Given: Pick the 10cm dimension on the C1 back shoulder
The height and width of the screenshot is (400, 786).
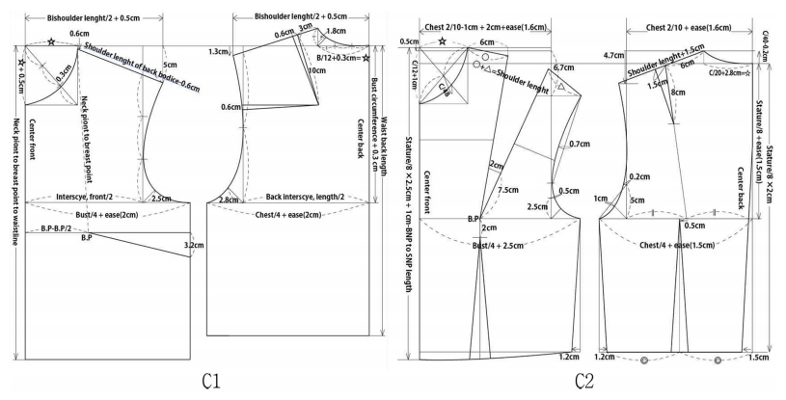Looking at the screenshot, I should tap(314, 70).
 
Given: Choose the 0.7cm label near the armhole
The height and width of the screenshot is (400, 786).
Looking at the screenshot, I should tap(580, 144).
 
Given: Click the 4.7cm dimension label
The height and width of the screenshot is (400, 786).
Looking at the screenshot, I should tap(611, 56).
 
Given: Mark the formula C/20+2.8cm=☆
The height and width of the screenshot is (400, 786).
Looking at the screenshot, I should tap(729, 72).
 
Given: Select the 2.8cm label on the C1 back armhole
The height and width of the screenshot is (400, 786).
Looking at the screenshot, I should tap(229, 200).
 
